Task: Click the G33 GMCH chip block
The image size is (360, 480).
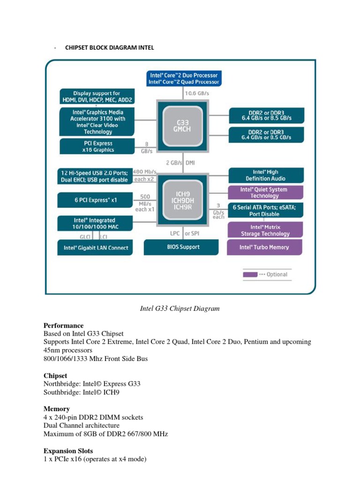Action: pyautogui.click(x=183, y=125)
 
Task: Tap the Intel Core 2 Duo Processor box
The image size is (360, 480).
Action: pyautogui.click(x=184, y=78)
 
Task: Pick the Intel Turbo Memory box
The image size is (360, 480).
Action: pyautogui.click(x=265, y=247)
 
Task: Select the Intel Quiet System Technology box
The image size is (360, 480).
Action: pyautogui.click(x=265, y=193)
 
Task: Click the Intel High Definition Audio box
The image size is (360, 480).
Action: pyautogui.click(x=266, y=175)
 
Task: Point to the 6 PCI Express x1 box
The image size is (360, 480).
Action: pyautogui.click(x=96, y=200)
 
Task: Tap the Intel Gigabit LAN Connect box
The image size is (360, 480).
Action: pyautogui.click(x=96, y=248)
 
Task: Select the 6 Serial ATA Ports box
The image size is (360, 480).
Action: pyautogui.click(x=266, y=210)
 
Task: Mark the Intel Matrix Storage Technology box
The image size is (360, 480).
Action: pyautogui.click(x=265, y=230)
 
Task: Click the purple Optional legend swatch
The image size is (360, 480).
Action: pyautogui.click(x=249, y=275)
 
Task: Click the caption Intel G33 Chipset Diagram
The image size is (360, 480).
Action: pyautogui.click(x=180, y=308)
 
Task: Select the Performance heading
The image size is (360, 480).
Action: pyautogui.click(x=64, y=325)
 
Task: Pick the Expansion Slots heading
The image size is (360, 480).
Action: pyautogui.click(x=68, y=451)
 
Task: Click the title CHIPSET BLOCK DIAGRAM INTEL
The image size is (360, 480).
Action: pyautogui.click(x=109, y=48)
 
